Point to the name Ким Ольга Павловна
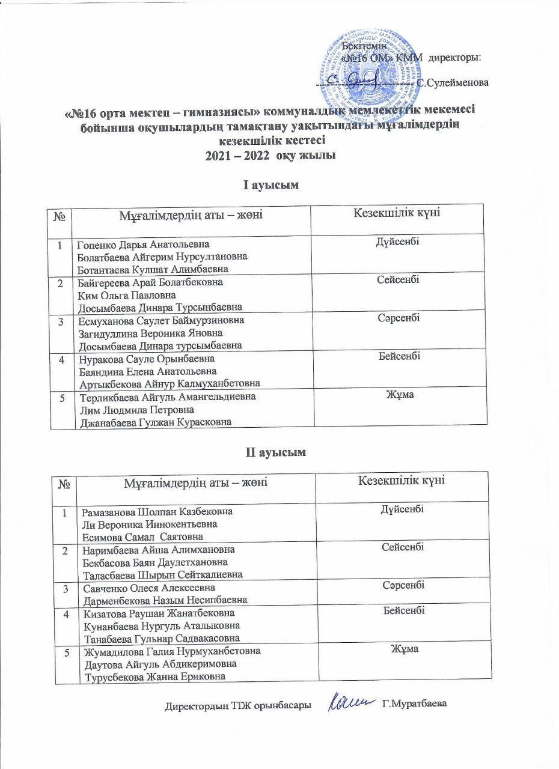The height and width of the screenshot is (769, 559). [127, 295]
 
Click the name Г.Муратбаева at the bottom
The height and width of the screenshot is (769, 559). [416, 704]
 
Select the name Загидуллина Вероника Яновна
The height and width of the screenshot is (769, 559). [150, 333]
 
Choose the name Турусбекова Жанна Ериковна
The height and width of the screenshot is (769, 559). [157, 676]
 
